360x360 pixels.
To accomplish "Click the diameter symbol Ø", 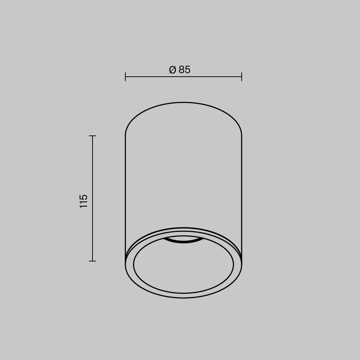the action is [172, 69].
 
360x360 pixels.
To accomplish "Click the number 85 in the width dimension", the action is [185, 69].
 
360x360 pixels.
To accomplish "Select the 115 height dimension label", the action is [84, 201].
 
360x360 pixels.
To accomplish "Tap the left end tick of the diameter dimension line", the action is [125, 77].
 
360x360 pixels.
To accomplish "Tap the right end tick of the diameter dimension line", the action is [242, 77].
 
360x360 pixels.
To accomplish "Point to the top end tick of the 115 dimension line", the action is [92, 136].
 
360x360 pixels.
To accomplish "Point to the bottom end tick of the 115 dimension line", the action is [92, 261].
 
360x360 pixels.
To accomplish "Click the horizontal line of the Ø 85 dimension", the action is [184, 77].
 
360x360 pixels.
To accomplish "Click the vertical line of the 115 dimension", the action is [92, 198].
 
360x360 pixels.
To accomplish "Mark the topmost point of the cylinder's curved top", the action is [184, 102].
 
